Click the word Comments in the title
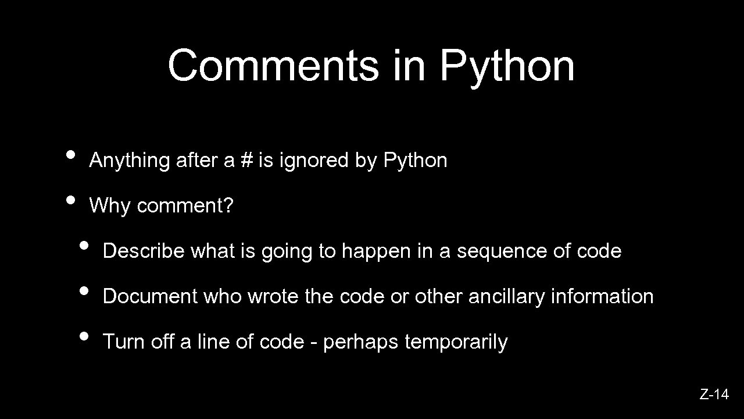point(273,65)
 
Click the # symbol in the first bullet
point(246,160)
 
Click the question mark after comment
point(228,205)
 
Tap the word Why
point(110,206)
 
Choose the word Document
point(150,297)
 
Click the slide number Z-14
point(714,395)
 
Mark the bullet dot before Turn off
point(84,336)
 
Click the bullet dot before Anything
point(71,155)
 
